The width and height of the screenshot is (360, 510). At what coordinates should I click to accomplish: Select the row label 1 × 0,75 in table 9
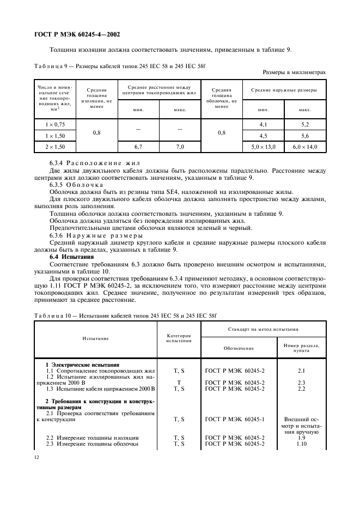[x=55, y=125]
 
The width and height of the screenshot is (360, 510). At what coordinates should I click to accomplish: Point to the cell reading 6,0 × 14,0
[x=305, y=147]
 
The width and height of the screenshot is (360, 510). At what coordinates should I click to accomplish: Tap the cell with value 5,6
[x=305, y=136]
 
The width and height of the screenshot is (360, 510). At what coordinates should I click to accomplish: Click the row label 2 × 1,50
[x=55, y=147]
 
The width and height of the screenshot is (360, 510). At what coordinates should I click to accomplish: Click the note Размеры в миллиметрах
[x=294, y=72]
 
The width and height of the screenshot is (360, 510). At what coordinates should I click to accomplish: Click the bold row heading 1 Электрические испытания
[x=82, y=365]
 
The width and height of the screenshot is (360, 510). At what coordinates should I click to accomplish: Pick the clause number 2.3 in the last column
[x=301, y=382]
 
